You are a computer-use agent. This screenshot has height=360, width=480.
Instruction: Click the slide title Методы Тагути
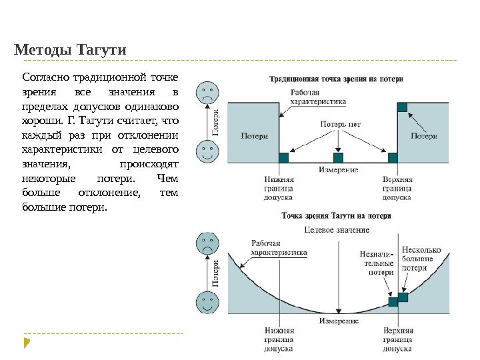pyautogui.click(x=70, y=50)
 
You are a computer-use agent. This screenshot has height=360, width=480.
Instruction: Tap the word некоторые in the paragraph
pyautogui.click(x=44, y=179)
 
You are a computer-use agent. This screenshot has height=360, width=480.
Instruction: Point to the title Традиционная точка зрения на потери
pyautogui.click(x=336, y=78)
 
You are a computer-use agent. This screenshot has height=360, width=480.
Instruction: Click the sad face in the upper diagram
pyautogui.click(x=208, y=93)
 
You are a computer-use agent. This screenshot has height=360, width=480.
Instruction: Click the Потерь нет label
pyautogui.click(x=341, y=123)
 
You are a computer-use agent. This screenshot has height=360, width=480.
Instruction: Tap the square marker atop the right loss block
pyautogui.click(x=402, y=107)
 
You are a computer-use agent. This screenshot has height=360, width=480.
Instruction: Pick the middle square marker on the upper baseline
pyautogui.click(x=338, y=158)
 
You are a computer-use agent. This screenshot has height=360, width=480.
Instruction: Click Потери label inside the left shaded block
pyautogui.click(x=253, y=136)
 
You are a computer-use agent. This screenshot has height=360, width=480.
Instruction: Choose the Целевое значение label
pyautogui.click(x=336, y=229)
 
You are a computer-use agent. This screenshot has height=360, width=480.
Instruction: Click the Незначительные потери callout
pyautogui.click(x=377, y=263)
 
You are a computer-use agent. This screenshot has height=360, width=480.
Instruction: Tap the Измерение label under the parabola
pyautogui.click(x=339, y=321)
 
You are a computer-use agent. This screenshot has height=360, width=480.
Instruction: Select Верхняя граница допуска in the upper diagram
pyautogui.click(x=398, y=188)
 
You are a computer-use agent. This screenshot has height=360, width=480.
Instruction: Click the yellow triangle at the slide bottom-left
pyautogui.click(x=27, y=343)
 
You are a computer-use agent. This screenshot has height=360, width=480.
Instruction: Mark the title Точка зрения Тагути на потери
pyautogui.click(x=337, y=216)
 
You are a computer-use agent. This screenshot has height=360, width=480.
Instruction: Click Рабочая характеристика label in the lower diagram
pyautogui.click(x=279, y=248)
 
